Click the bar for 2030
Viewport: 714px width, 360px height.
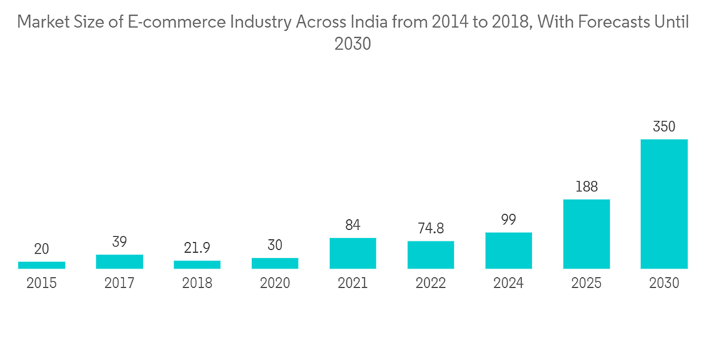pos(664,204)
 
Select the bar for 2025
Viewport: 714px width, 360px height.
pos(586,234)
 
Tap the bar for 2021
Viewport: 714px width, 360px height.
pos(353,253)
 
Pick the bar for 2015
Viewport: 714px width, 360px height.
pos(41,265)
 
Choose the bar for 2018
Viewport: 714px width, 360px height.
pos(197,264)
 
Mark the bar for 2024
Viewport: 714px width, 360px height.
pos(508,250)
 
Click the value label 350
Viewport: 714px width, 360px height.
pos(664,127)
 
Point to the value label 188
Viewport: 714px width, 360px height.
pos(586,187)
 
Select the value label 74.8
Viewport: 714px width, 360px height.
pos(431,229)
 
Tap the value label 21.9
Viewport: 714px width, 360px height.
pos(197,249)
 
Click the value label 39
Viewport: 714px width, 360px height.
pos(119,242)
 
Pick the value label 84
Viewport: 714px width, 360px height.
pos(353,226)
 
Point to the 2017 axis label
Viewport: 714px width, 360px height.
pos(119,283)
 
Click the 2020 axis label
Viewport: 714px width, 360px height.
pos(275,283)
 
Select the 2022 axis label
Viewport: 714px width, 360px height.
pos(431,283)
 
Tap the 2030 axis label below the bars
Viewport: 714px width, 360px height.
pos(664,283)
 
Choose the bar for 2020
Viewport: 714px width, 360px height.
pos(275,263)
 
